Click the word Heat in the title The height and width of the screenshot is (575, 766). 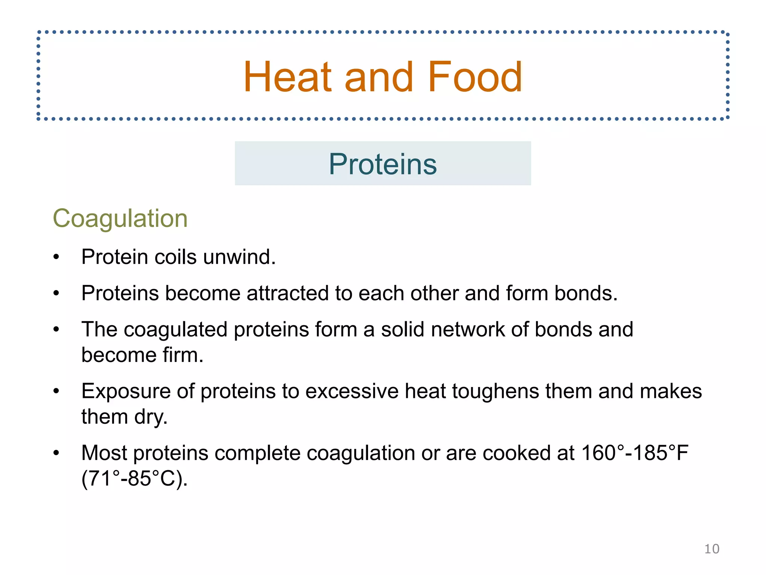point(288,77)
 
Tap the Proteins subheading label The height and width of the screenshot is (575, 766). point(383,164)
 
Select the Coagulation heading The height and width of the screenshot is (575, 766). point(120,218)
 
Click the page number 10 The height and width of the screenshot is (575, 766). point(711,549)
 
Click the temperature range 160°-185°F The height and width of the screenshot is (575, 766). point(635,453)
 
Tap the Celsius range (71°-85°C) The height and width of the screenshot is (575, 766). point(134,478)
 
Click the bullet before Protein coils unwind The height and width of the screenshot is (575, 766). point(56,257)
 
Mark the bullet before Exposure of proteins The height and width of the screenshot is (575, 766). point(56,392)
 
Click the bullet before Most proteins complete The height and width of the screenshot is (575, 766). point(56,453)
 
